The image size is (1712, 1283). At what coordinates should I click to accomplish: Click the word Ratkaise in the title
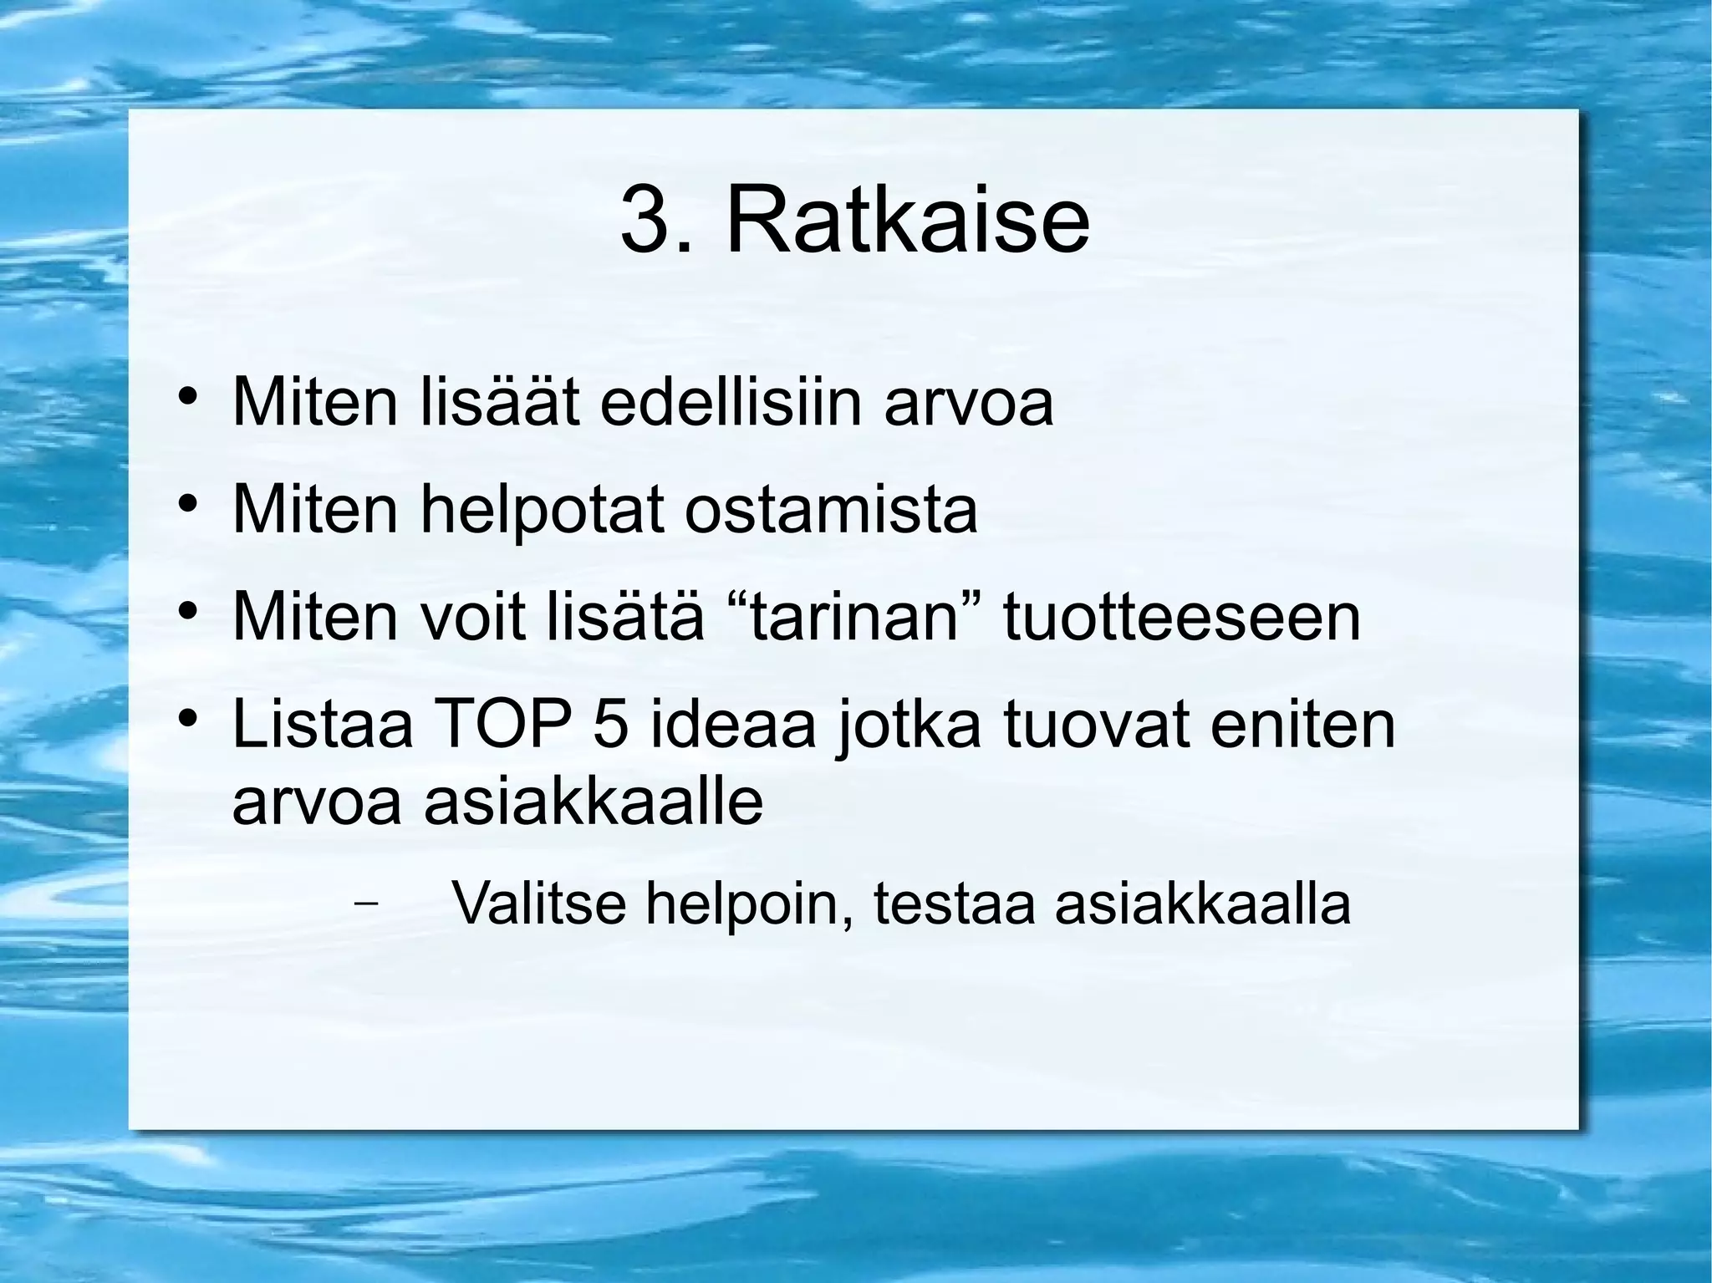tap(908, 222)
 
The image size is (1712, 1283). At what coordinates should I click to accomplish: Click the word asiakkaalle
tap(594, 802)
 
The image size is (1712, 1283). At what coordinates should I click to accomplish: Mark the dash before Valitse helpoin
tap(364, 903)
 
